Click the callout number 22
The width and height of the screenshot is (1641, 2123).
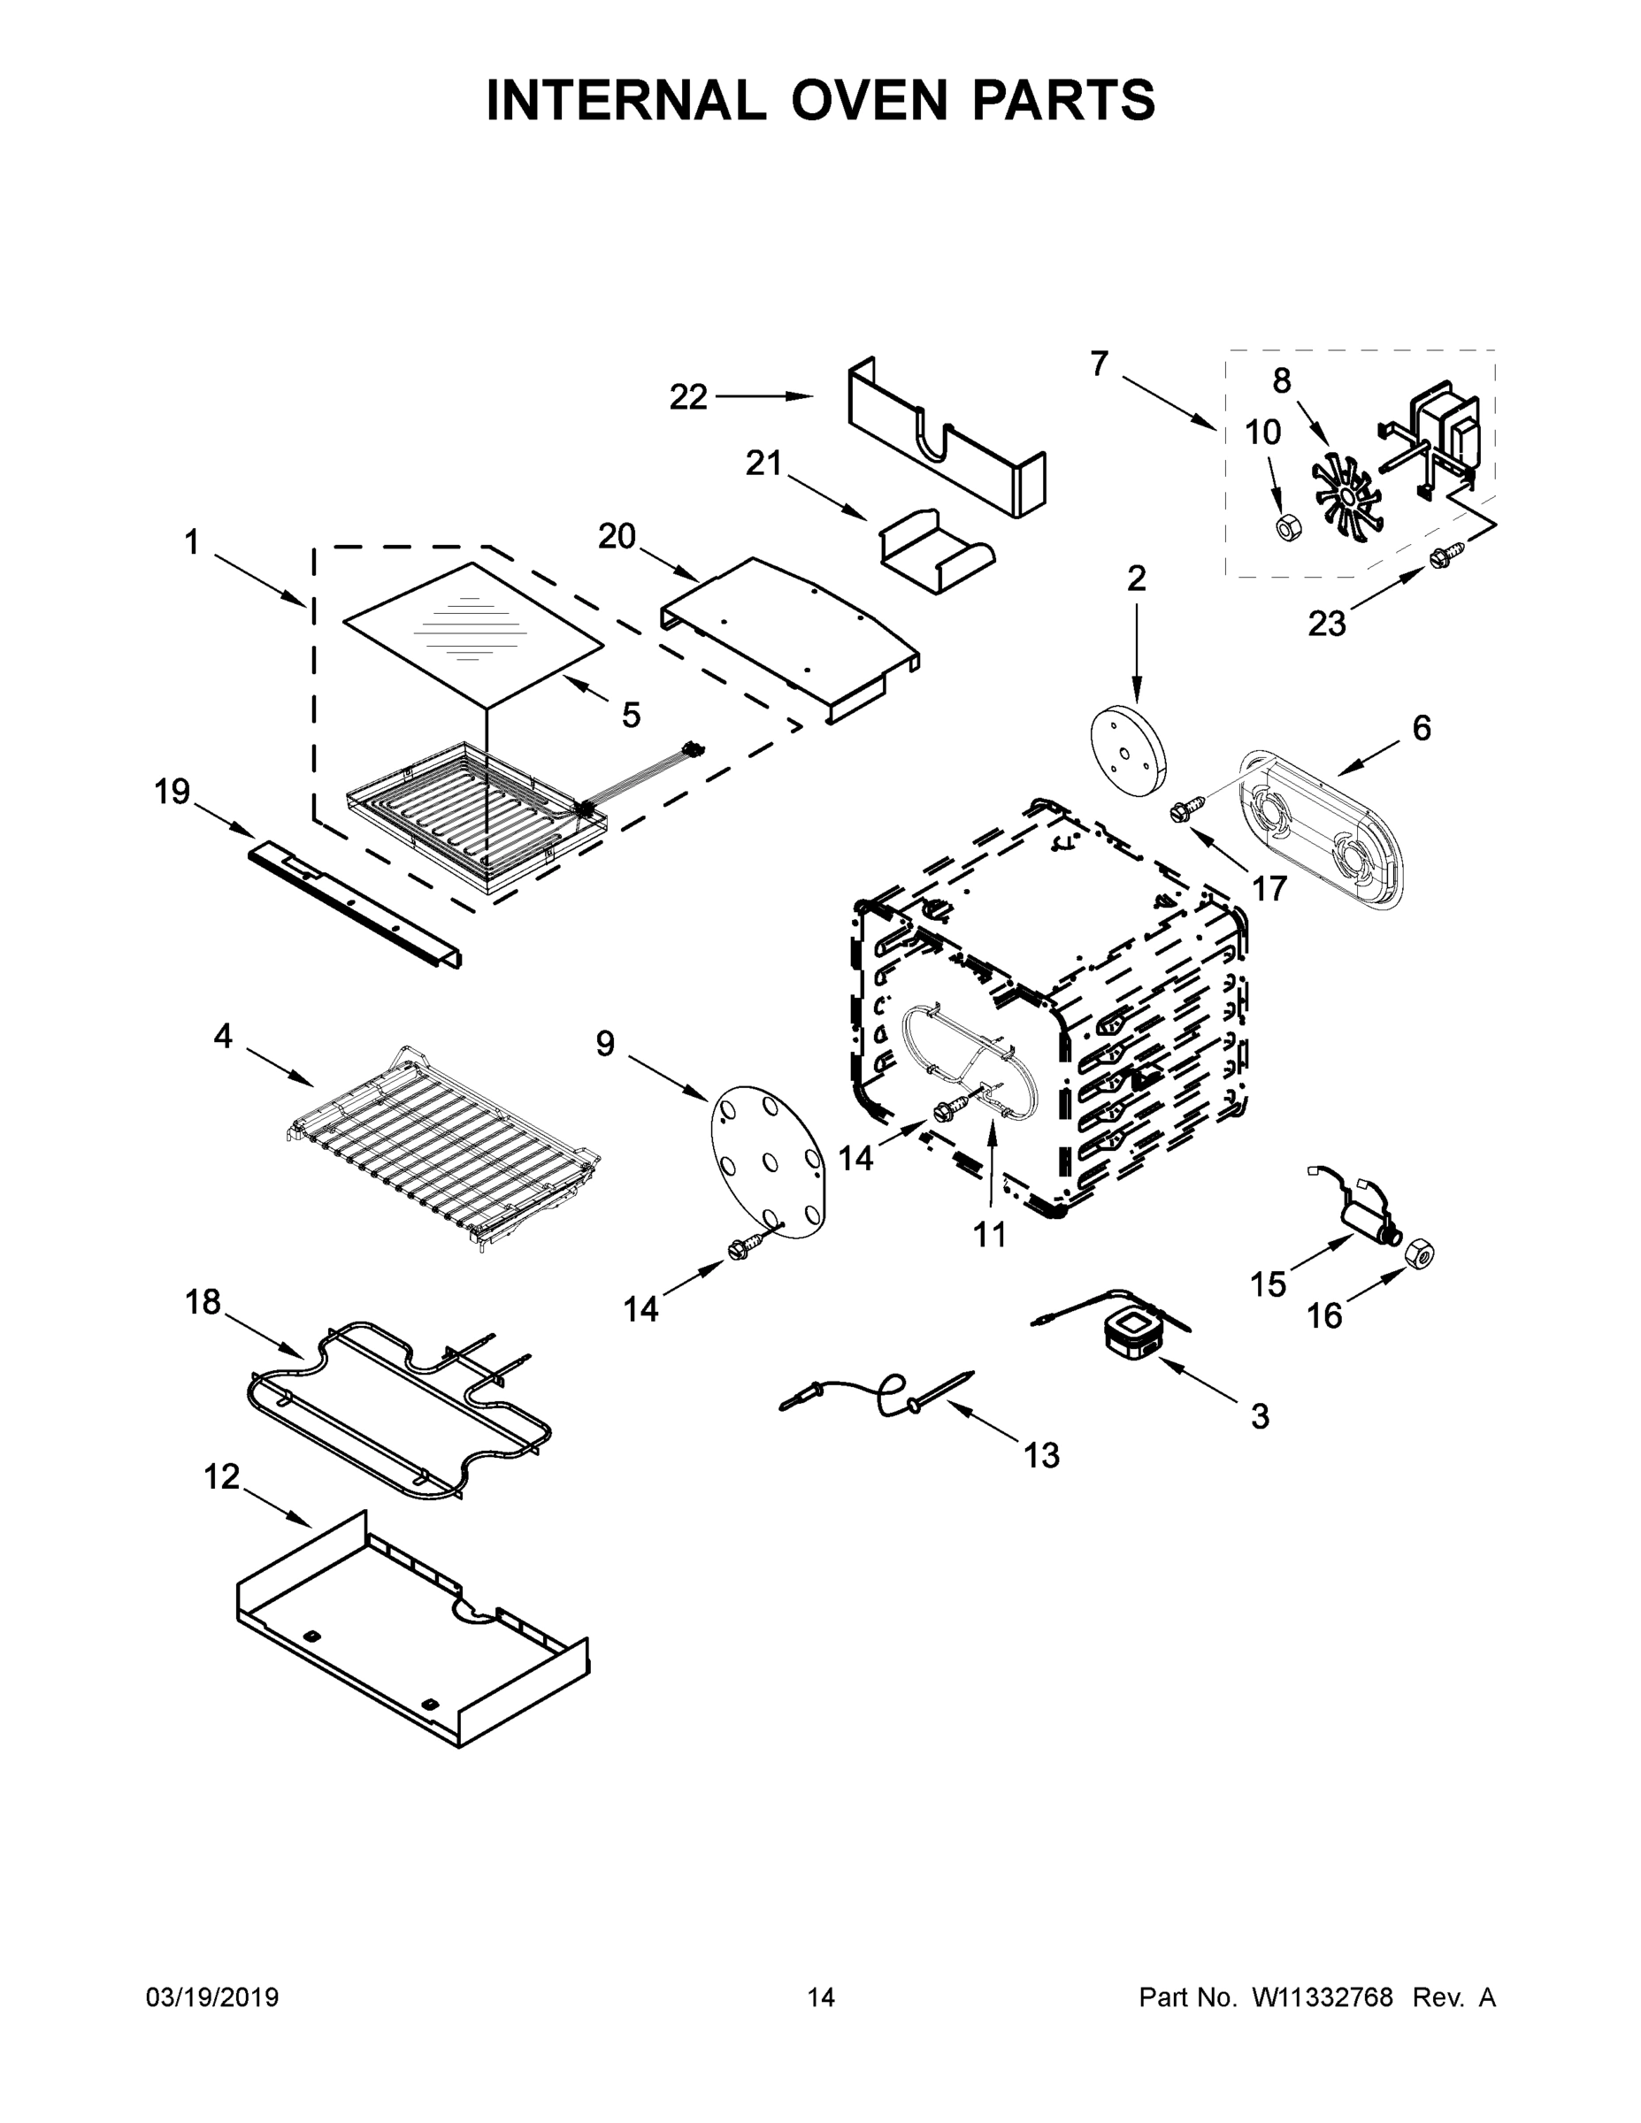[688, 396]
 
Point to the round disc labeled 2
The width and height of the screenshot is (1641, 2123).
[1127, 751]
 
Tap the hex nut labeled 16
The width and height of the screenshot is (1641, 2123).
[1421, 1255]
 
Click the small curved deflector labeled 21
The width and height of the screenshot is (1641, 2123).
[936, 550]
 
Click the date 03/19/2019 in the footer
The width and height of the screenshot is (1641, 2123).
[212, 1997]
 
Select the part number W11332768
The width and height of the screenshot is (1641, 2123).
[1321, 1997]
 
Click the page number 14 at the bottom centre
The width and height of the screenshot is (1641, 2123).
[821, 1997]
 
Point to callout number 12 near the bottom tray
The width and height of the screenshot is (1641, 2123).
[222, 1476]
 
